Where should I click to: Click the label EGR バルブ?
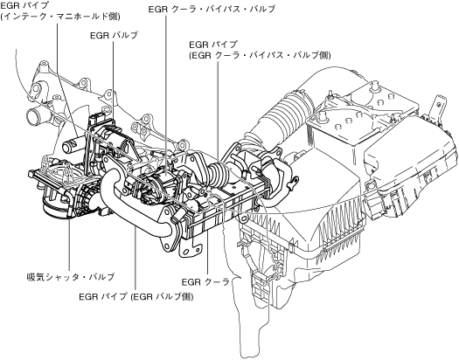pyautogui.click(x=114, y=35)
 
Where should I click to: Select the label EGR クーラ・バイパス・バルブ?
pyautogui.click(x=212, y=9)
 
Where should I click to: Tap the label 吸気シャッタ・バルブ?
pyautogui.click(x=70, y=277)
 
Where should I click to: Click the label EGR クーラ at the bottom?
pyautogui.click(x=205, y=282)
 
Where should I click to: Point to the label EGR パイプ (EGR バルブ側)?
pyautogui.click(x=136, y=297)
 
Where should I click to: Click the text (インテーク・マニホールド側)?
pyautogui.click(x=60, y=17)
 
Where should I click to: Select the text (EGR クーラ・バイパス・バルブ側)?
pyautogui.click(x=260, y=55)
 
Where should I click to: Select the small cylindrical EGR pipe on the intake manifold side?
pyautogui.click(x=70, y=144)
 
